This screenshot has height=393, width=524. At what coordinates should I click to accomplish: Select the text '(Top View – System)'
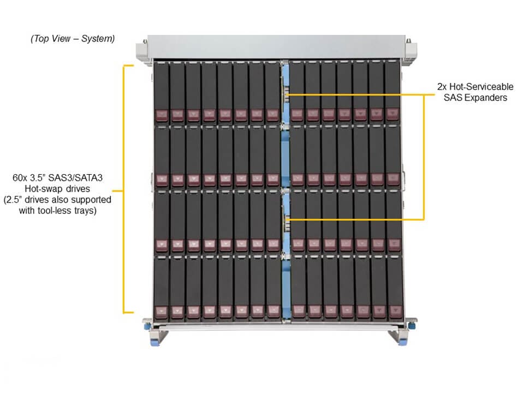[73, 39]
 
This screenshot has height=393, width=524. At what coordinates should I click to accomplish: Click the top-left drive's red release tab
[161, 115]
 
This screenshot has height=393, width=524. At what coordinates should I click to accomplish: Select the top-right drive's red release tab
[392, 114]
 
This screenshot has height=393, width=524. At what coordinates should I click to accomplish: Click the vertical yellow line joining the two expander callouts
[424, 157]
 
